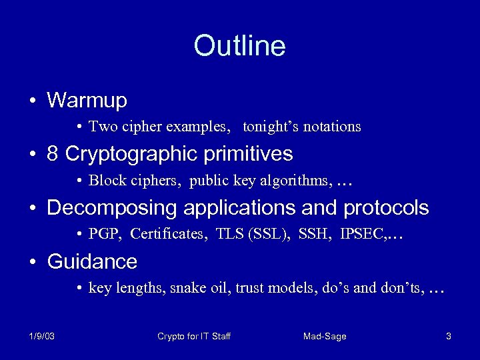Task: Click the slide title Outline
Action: (x=239, y=46)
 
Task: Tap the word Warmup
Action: (x=87, y=101)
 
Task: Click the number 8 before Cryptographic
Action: (x=53, y=154)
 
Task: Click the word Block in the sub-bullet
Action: (x=103, y=180)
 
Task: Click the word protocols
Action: (x=386, y=208)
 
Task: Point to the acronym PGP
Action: (x=102, y=234)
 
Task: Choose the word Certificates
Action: (x=167, y=234)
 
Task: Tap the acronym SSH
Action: (x=313, y=234)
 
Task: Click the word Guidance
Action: (x=92, y=262)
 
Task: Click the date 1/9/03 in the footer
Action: (x=42, y=337)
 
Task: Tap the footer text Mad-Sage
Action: (x=325, y=337)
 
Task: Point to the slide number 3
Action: (x=449, y=337)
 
